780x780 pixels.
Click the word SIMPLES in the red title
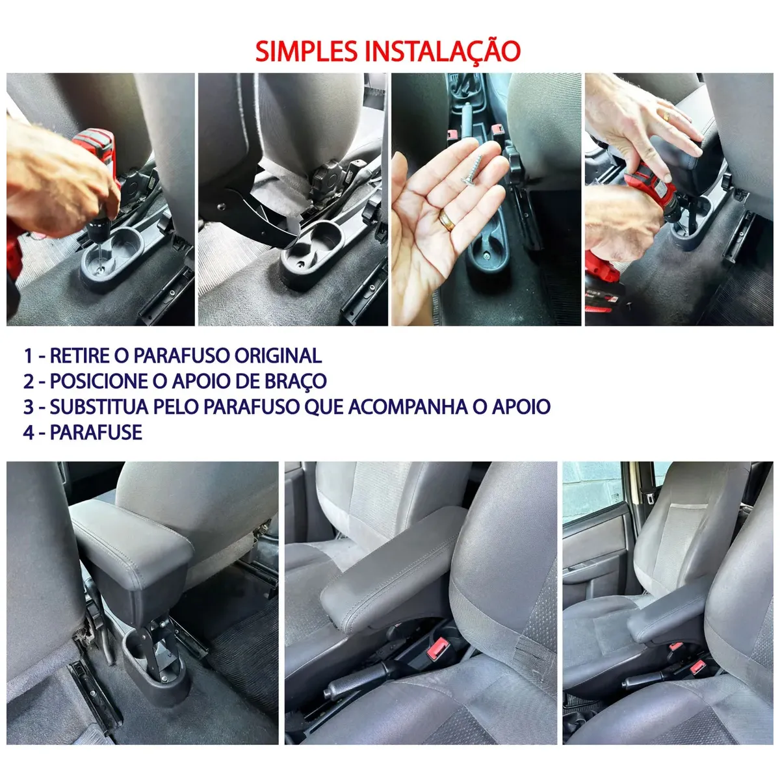point(306,51)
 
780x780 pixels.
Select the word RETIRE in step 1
point(80,356)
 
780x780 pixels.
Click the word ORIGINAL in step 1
point(278,356)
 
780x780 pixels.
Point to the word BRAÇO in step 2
point(296,382)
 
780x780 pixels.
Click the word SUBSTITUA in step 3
point(99,407)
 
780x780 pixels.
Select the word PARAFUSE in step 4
point(96,432)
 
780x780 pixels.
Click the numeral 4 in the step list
point(29,432)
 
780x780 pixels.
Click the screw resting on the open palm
point(472,170)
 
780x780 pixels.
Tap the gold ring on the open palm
point(447,220)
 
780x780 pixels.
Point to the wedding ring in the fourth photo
point(666,116)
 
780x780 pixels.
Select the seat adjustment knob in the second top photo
point(326,179)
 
